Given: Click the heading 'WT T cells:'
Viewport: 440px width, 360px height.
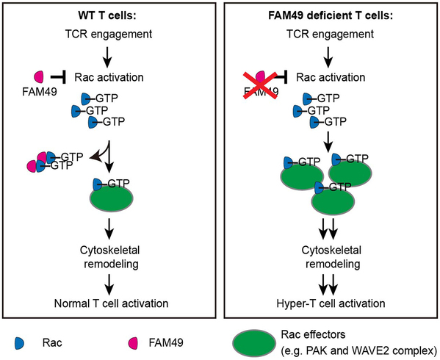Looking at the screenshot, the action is (107, 15).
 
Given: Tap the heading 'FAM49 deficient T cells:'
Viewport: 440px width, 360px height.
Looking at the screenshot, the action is (331, 15).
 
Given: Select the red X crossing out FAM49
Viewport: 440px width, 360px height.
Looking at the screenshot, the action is (260, 85).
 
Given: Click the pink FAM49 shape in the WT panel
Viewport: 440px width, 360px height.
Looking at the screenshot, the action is (39, 76).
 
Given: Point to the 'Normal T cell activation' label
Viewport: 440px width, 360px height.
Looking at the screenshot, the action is (111, 303).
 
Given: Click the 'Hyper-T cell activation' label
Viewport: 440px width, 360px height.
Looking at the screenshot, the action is (331, 303).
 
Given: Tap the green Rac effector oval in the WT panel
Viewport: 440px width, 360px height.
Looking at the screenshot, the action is (112, 198).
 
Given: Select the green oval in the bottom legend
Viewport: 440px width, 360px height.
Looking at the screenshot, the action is (254, 342).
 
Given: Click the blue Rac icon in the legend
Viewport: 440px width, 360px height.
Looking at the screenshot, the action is (20, 343).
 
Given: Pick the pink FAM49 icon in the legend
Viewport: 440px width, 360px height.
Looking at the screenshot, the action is (133, 343).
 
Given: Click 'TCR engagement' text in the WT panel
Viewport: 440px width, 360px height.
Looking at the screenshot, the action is (109, 35).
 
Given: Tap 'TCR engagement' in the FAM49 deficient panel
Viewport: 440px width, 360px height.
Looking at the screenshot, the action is (330, 35).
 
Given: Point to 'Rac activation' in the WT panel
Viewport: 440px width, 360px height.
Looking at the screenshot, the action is (109, 77).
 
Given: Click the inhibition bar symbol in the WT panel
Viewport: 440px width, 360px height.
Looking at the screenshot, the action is (58, 76).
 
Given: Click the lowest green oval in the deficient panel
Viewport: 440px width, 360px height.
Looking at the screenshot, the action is (333, 201).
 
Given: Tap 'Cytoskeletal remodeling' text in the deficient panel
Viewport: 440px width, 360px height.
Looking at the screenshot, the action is (332, 257).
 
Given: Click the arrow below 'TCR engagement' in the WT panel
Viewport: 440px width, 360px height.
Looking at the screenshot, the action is (107, 57).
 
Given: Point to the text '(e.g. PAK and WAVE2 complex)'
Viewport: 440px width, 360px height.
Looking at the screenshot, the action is (359, 350).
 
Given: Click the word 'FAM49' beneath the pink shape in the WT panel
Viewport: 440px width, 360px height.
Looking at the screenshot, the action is (40, 92).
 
